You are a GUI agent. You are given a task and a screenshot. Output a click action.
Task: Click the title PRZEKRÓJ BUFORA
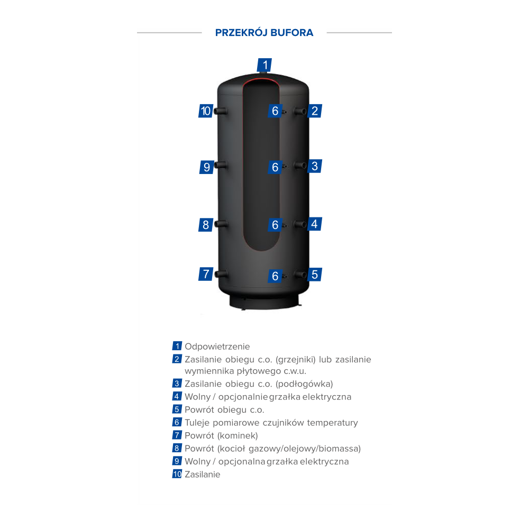[264, 33]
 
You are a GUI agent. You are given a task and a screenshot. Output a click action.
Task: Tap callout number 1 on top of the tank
[264, 65]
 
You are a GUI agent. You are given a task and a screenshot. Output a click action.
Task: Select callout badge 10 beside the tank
[206, 111]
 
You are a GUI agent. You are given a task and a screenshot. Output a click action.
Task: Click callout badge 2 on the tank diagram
[314, 111]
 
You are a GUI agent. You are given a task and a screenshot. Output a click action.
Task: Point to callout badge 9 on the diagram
[206, 167]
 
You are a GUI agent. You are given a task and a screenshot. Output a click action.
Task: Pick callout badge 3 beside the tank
[314, 166]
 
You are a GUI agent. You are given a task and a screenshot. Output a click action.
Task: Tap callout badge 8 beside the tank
[206, 225]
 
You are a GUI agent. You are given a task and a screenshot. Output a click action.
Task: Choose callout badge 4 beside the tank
[314, 224]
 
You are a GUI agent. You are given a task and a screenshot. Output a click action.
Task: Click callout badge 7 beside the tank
[206, 274]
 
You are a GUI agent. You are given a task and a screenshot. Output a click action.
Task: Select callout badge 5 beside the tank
[314, 274]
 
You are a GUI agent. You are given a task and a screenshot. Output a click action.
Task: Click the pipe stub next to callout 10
[221, 111]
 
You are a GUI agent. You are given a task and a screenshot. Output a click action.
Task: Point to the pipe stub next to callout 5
[300, 274]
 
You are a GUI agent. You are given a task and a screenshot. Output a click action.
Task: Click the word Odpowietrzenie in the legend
[217, 346]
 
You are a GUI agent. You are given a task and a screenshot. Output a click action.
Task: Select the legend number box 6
[177, 422]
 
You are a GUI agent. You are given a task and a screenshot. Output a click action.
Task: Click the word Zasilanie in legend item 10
[203, 475]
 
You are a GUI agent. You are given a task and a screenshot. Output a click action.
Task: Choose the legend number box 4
[177, 396]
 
